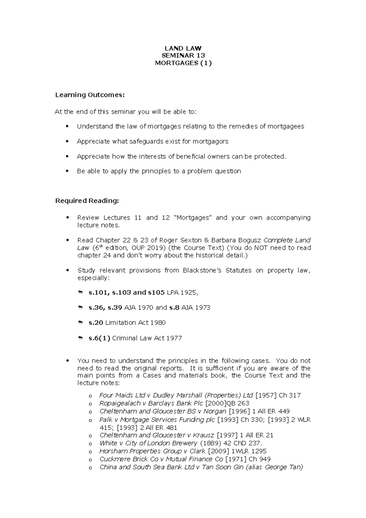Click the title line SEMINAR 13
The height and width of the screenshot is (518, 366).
point(183,56)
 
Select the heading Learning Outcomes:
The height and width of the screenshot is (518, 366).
point(90,95)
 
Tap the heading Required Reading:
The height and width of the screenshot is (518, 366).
point(87,201)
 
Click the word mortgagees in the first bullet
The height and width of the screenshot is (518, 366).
point(285,126)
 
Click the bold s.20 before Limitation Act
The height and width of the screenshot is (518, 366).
point(96,322)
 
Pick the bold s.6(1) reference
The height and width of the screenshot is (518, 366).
point(99,338)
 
